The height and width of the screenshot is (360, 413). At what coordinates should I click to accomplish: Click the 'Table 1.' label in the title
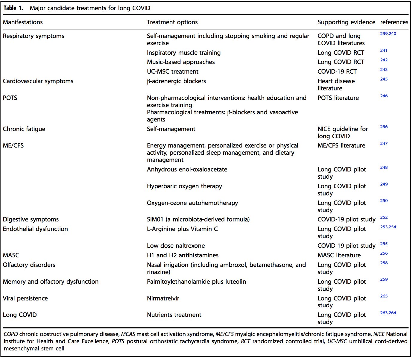(x=13, y=8)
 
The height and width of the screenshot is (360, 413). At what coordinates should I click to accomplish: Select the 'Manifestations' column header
(x=23, y=22)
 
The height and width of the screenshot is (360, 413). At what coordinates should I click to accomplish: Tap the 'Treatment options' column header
(x=172, y=22)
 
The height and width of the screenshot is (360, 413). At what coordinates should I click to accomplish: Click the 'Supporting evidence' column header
(x=346, y=22)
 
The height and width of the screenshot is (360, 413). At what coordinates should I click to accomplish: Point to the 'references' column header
(x=394, y=22)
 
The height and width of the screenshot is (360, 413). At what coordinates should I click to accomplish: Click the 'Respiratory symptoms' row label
(x=34, y=36)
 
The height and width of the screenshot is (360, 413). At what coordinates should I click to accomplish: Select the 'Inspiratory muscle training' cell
(x=183, y=53)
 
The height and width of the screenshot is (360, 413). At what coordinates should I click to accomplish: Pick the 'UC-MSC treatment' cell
(x=172, y=72)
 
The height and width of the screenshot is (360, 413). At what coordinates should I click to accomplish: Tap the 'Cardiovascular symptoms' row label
(x=38, y=81)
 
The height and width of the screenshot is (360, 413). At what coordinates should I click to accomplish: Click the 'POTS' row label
(x=10, y=98)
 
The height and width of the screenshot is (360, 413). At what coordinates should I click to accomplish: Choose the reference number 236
(x=384, y=127)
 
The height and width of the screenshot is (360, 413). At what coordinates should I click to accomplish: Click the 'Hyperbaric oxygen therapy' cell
(x=184, y=186)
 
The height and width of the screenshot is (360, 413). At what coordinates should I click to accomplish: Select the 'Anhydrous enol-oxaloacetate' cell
(x=187, y=169)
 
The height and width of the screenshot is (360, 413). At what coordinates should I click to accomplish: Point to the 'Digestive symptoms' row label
(x=31, y=219)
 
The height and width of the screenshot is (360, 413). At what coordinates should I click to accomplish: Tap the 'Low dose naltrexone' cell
(x=176, y=246)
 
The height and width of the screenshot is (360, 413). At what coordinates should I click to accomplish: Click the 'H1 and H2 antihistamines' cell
(x=183, y=255)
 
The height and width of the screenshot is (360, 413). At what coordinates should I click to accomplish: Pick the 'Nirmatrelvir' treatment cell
(x=163, y=298)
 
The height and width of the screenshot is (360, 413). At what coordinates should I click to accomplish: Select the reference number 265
(x=384, y=296)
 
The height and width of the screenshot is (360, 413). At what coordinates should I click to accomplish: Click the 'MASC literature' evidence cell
(x=339, y=255)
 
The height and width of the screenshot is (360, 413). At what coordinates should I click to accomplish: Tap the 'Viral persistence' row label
(x=25, y=298)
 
